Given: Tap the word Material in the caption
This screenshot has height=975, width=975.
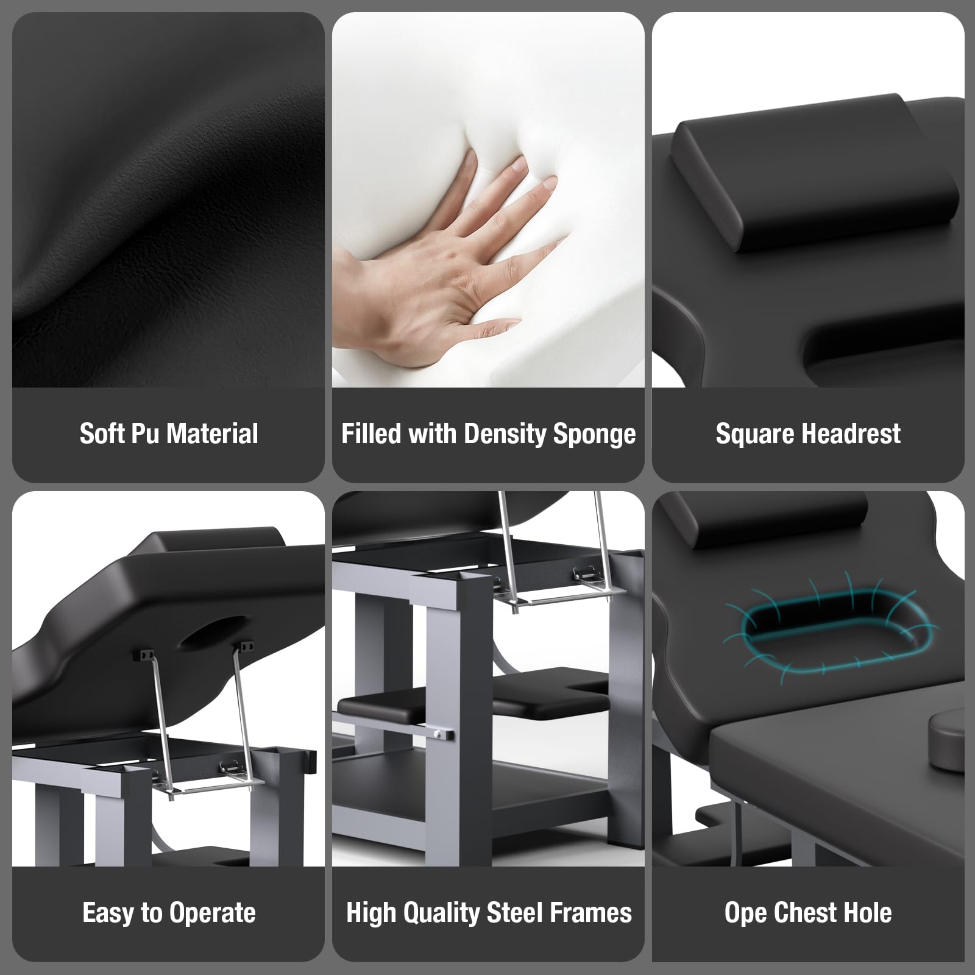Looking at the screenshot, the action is [212, 433].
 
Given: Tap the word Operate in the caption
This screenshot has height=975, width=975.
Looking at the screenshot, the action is [213, 913].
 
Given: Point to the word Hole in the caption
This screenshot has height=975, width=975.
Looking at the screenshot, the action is [868, 912].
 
